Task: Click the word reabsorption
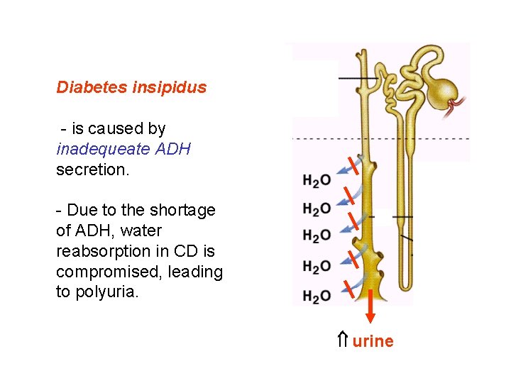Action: coord(102,251)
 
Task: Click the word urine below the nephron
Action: coord(373,341)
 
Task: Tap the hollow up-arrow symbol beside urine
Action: coord(342,340)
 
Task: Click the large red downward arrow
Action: coord(370,312)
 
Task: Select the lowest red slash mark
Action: coord(349,287)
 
